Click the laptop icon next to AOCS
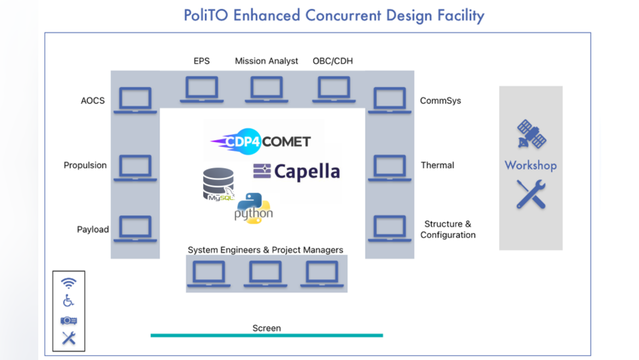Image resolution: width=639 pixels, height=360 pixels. tap(135, 100)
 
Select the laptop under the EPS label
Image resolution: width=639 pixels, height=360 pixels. tap(202, 89)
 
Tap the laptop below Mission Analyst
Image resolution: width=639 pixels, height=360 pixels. tap(267, 89)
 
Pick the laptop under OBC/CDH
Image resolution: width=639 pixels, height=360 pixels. tap(334, 89)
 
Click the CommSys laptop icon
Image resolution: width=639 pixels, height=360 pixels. tap(390, 100)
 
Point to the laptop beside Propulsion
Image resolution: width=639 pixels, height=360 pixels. tap(135, 167)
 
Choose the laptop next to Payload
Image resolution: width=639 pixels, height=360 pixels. tap(135, 228)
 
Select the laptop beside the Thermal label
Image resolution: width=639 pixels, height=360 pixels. tap(390, 167)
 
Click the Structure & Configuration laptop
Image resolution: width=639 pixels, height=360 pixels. tap(390, 228)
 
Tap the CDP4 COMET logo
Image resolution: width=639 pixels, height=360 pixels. tap(261, 142)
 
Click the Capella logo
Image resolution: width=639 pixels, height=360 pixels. tap(297, 171)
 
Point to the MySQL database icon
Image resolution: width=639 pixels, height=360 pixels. tap(218, 184)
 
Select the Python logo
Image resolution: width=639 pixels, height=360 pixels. tap(253, 208)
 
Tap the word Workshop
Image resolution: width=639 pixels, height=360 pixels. tap(530, 165)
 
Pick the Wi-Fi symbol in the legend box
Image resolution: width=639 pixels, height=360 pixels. tap(68, 283)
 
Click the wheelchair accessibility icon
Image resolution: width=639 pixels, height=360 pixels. tap(68, 300)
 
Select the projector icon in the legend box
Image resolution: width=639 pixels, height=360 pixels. tap(68, 320)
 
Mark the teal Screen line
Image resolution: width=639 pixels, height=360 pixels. tap(266, 335)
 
